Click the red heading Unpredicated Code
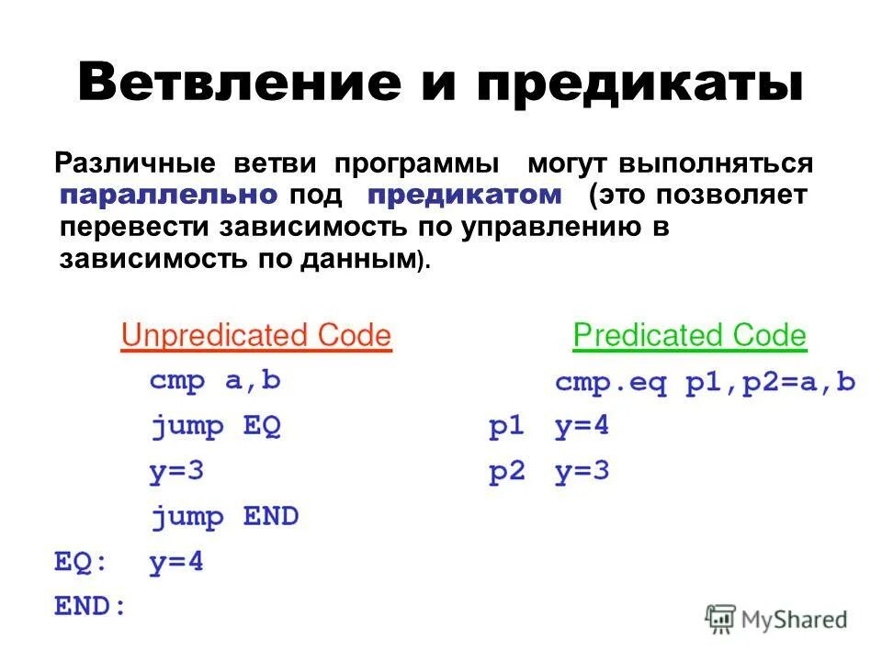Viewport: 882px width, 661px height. (x=256, y=336)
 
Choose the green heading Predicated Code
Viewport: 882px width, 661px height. (x=689, y=336)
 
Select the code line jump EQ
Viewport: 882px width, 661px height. (x=215, y=427)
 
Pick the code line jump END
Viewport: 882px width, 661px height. (x=225, y=517)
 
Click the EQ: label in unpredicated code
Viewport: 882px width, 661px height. (x=80, y=562)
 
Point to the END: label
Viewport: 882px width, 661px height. (x=89, y=607)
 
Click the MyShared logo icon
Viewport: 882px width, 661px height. (x=721, y=619)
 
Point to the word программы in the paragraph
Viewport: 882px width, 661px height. (x=417, y=165)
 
